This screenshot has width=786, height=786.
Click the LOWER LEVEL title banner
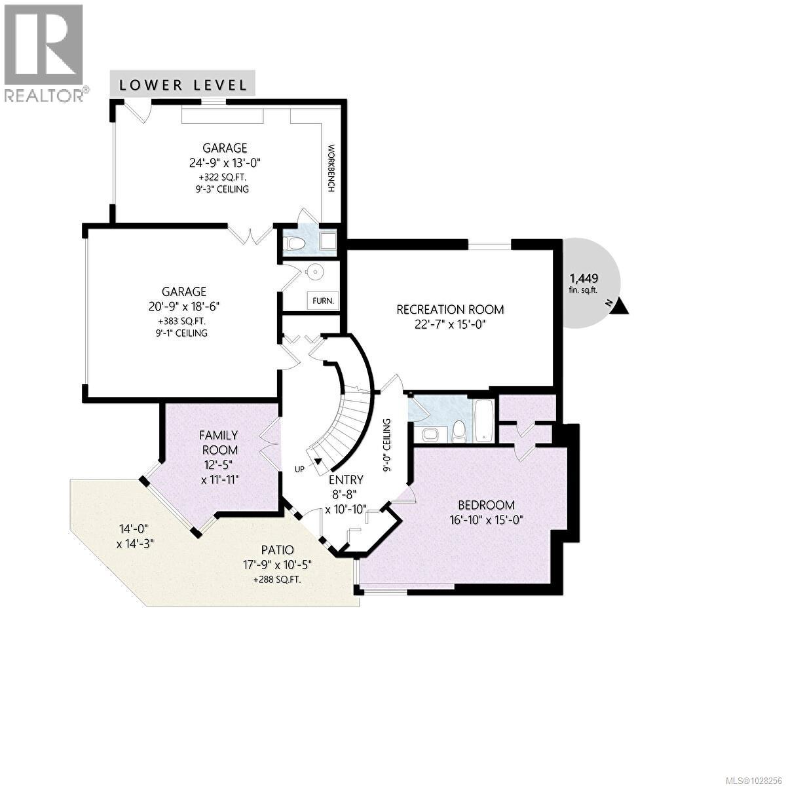pos(183,84)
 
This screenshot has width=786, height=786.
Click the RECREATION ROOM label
pos(451,309)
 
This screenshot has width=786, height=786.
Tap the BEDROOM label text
pos(486,505)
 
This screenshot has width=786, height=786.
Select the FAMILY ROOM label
pos(219,443)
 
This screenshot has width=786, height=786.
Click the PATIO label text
pos(276,550)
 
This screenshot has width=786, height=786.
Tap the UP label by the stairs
pos(299,470)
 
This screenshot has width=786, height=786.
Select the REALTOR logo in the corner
pos(44,52)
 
